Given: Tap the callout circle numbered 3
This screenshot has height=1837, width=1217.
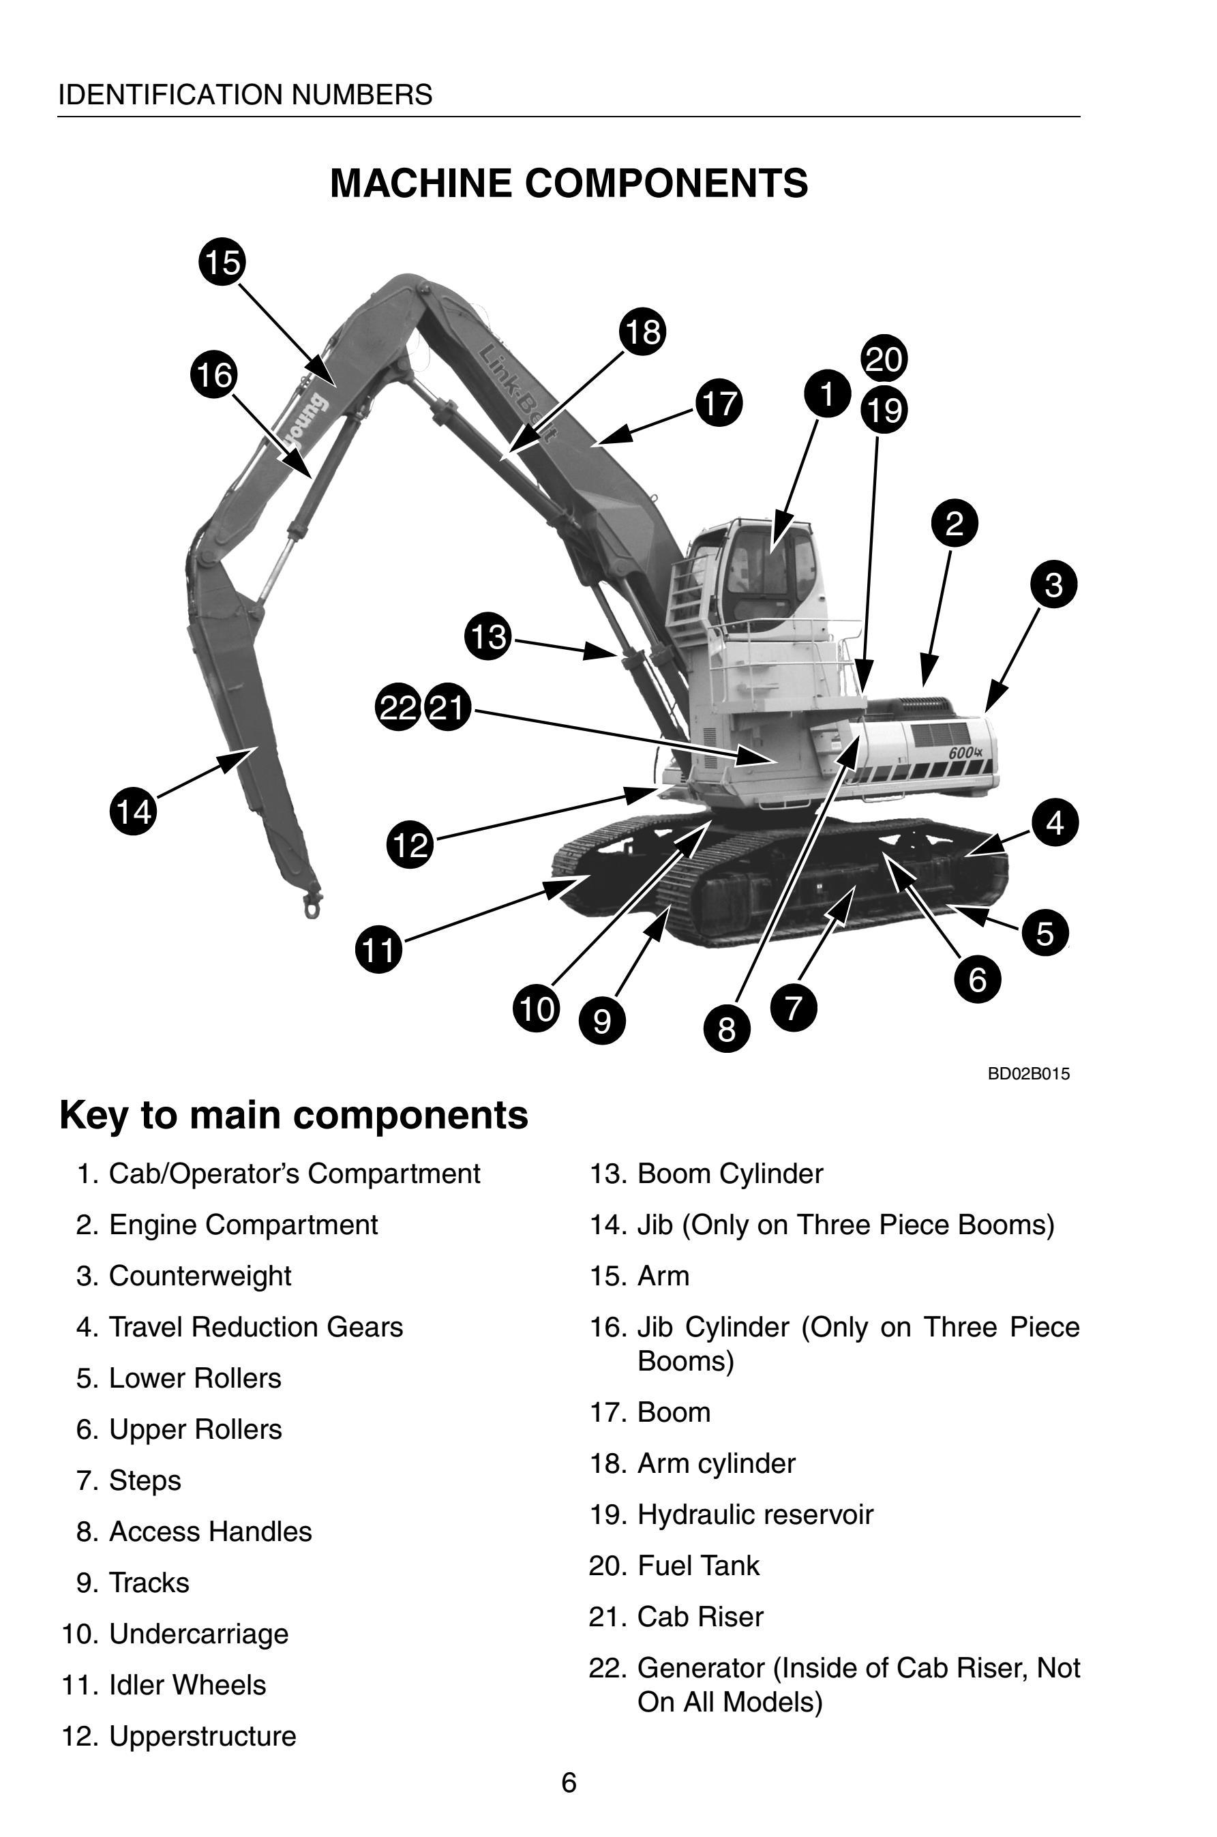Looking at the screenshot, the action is pyautogui.click(x=1054, y=584).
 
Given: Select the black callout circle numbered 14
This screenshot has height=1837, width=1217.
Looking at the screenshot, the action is pyautogui.click(x=133, y=812).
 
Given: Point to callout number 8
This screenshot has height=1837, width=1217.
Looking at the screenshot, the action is pyautogui.click(x=727, y=1028).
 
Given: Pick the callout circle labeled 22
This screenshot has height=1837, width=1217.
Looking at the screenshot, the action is pyautogui.click(x=398, y=707).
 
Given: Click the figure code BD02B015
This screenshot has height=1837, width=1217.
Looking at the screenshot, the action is pyautogui.click(x=1028, y=1073).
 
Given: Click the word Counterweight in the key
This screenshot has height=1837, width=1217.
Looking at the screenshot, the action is pyautogui.click(x=200, y=1276).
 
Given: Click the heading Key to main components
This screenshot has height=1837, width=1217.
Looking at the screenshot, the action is pyautogui.click(x=293, y=1116).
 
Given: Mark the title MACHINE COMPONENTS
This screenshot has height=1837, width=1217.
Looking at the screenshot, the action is pyautogui.click(x=569, y=183).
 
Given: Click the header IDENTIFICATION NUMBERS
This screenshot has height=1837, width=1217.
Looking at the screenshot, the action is pyautogui.click(x=245, y=95).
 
